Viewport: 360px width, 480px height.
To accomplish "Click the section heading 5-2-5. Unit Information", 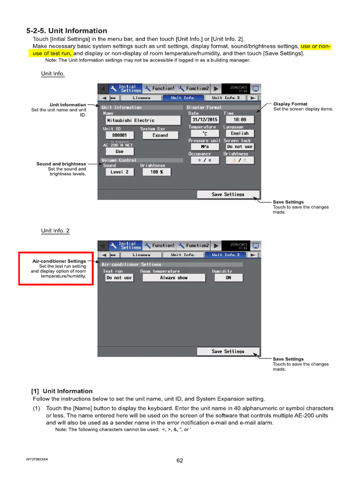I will click(67, 31).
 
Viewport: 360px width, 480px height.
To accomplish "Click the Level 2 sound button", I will click(120, 172).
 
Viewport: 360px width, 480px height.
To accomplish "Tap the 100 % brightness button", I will click(156, 172).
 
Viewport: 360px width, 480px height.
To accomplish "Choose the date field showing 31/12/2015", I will click(205, 120).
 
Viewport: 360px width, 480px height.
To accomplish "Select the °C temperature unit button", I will click(204, 134).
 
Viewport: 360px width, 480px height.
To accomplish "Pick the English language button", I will click(240, 134).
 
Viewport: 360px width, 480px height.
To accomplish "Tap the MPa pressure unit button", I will click(204, 147).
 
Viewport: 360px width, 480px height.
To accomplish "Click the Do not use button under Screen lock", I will click(240, 147).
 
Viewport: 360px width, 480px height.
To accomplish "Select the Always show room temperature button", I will click(173, 277).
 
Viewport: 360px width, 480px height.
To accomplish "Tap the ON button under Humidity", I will click(228, 277).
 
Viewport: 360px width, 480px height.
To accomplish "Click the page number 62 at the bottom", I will click(180, 460).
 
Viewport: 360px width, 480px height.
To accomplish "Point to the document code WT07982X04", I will click(37, 459).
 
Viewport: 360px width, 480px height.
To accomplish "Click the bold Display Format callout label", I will click(290, 104).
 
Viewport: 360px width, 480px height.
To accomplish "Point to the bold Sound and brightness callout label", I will click(61, 164).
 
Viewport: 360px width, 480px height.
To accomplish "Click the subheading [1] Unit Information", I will click(62, 391).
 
